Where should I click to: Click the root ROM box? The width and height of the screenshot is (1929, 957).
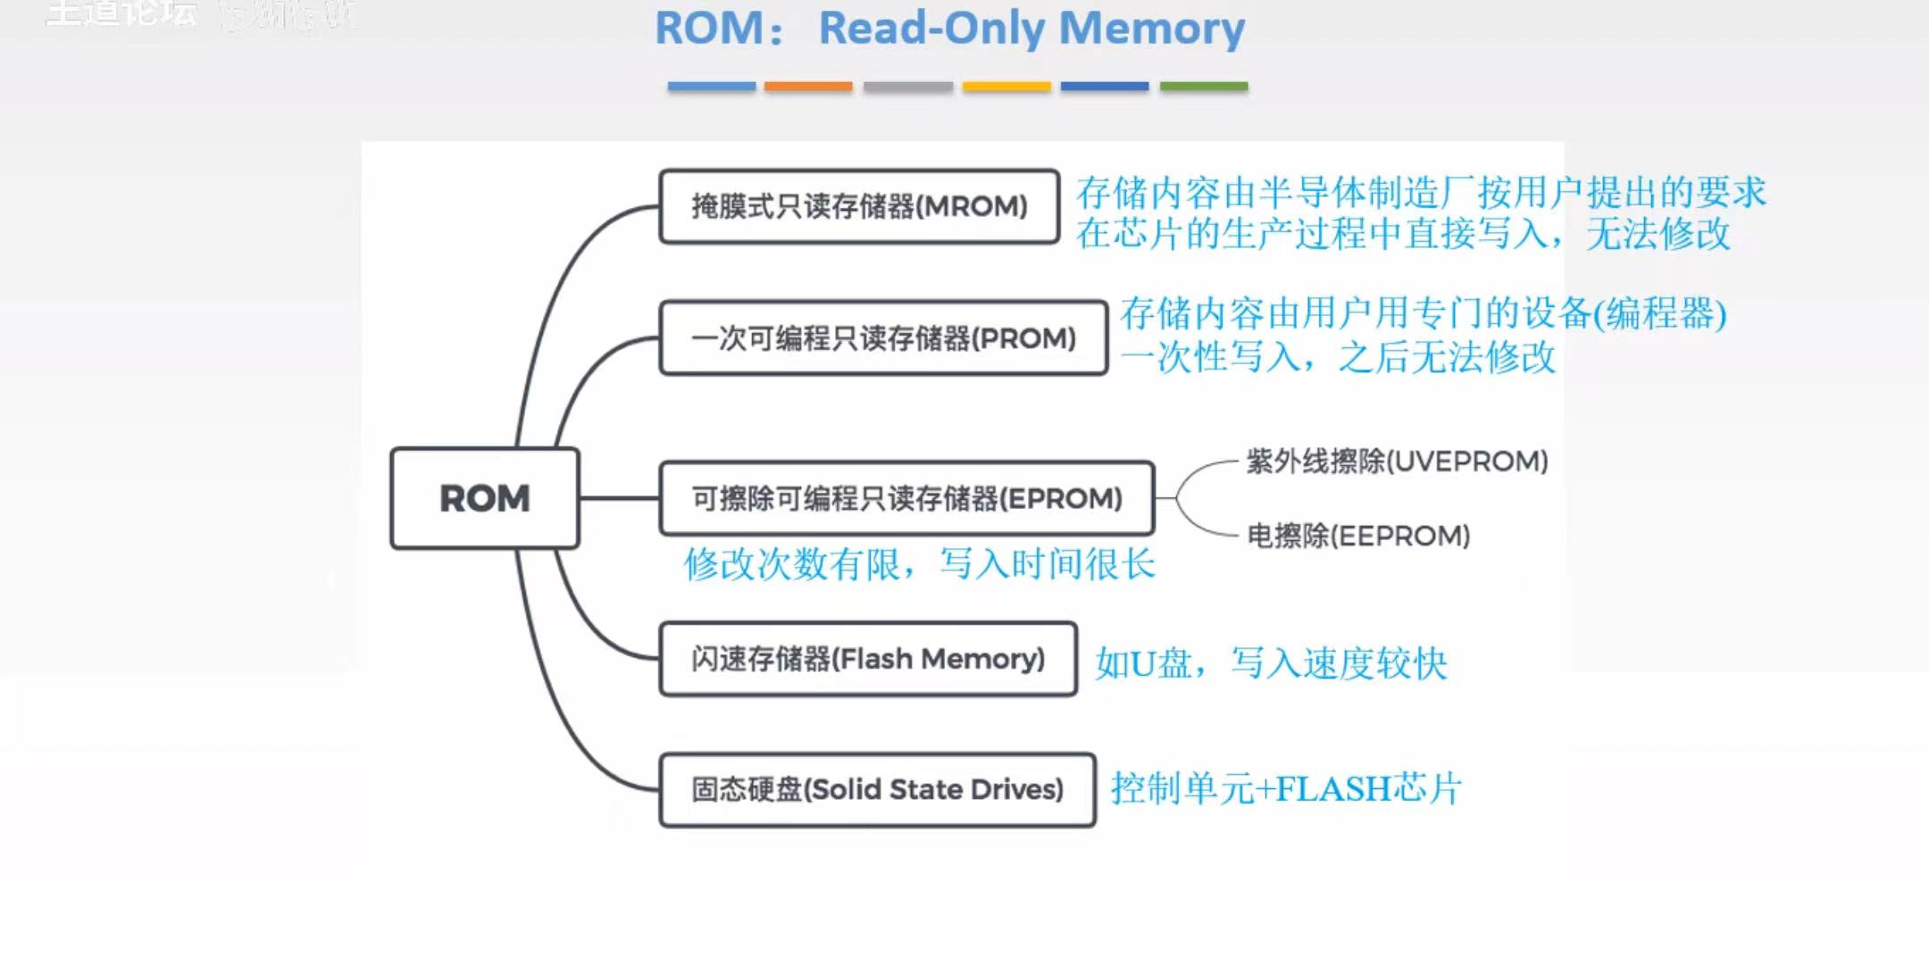point(485,498)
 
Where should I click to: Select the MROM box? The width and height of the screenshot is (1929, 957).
point(859,206)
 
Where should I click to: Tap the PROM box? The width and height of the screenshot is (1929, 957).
point(883,338)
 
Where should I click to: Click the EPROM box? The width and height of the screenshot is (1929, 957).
point(906,498)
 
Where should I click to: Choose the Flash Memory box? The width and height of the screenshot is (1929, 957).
point(868,659)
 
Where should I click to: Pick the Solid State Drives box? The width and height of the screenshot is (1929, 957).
point(877,790)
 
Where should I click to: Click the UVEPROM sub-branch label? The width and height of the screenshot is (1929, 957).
point(1397,462)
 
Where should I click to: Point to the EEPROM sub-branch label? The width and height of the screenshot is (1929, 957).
point(1357,536)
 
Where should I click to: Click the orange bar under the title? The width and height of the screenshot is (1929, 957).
point(808,87)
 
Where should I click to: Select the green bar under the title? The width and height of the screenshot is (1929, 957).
point(1203,87)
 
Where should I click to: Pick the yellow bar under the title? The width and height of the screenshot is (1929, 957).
point(1006,87)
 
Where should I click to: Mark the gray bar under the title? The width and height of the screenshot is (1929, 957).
point(907,87)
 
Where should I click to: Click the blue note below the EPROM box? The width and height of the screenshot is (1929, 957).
point(919,564)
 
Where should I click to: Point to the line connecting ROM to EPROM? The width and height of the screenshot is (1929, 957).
point(619,498)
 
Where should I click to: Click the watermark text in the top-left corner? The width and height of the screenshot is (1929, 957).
point(121,13)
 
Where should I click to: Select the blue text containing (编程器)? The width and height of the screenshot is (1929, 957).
point(1423,313)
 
